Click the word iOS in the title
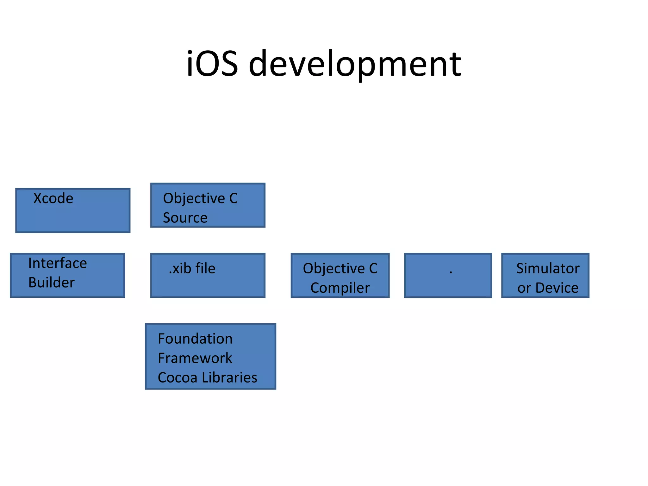click(212, 64)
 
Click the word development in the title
click(355, 65)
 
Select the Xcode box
click(73, 211)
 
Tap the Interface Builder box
click(67, 275)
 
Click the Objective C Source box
click(208, 205)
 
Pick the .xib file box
click(208, 275)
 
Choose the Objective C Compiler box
click(340, 275)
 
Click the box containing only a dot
click(448, 275)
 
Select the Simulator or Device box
click(545, 275)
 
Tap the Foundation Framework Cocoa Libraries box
click(210, 356)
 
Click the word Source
click(185, 218)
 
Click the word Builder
click(51, 283)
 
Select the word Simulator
click(548, 269)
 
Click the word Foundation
click(195, 339)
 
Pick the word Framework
click(195, 358)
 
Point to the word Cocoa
click(178, 378)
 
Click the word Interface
click(58, 263)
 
